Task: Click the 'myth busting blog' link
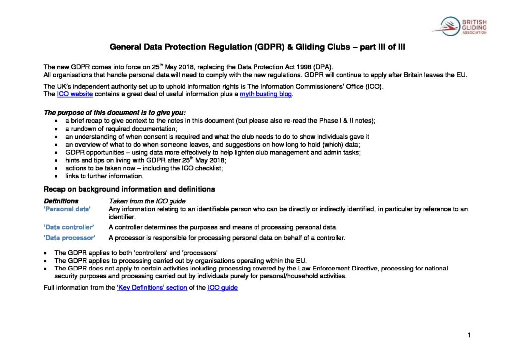pyautogui.click(x=266, y=94)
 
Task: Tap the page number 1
pyautogui.click(x=469, y=335)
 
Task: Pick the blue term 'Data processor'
pyautogui.click(x=69, y=238)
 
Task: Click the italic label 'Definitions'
pyautogui.click(x=61, y=201)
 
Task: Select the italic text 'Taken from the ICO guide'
pyautogui.click(x=147, y=201)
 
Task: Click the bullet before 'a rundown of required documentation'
pyautogui.click(x=55, y=128)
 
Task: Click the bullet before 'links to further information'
pyautogui.click(x=55, y=176)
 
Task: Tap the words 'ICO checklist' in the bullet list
pyautogui.click(x=190, y=168)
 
